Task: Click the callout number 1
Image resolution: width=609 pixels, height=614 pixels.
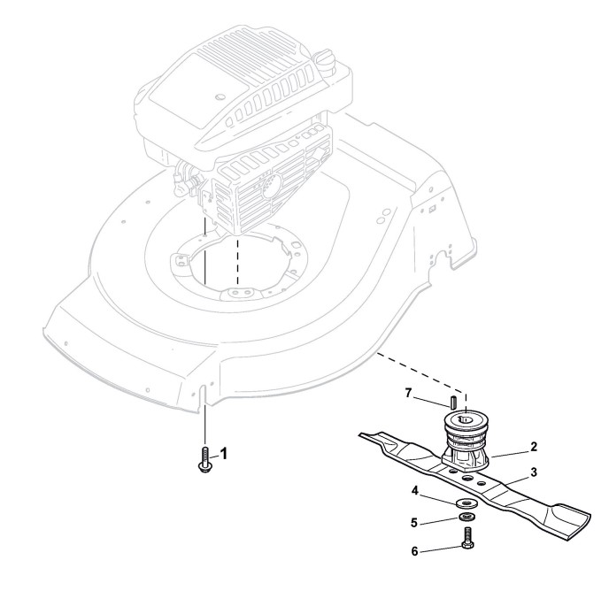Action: (224, 453)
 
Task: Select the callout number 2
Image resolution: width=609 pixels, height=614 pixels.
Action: (535, 448)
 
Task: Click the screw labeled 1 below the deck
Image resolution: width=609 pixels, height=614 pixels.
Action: (204, 462)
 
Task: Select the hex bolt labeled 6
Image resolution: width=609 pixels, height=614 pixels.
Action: (466, 538)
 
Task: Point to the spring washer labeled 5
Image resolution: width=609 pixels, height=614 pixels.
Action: (465, 516)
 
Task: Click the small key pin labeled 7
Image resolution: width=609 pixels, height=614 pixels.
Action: (452, 403)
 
